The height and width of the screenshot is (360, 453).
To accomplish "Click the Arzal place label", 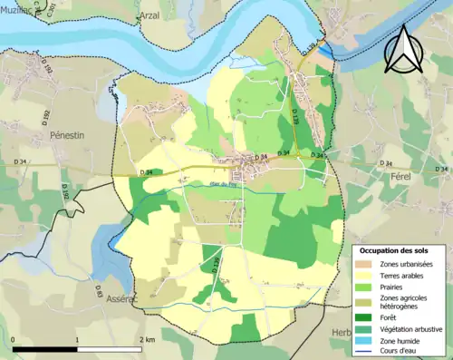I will point(150,15).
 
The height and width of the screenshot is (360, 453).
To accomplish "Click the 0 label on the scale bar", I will point(14,339).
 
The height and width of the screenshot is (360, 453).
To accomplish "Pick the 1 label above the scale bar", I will point(77,339).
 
